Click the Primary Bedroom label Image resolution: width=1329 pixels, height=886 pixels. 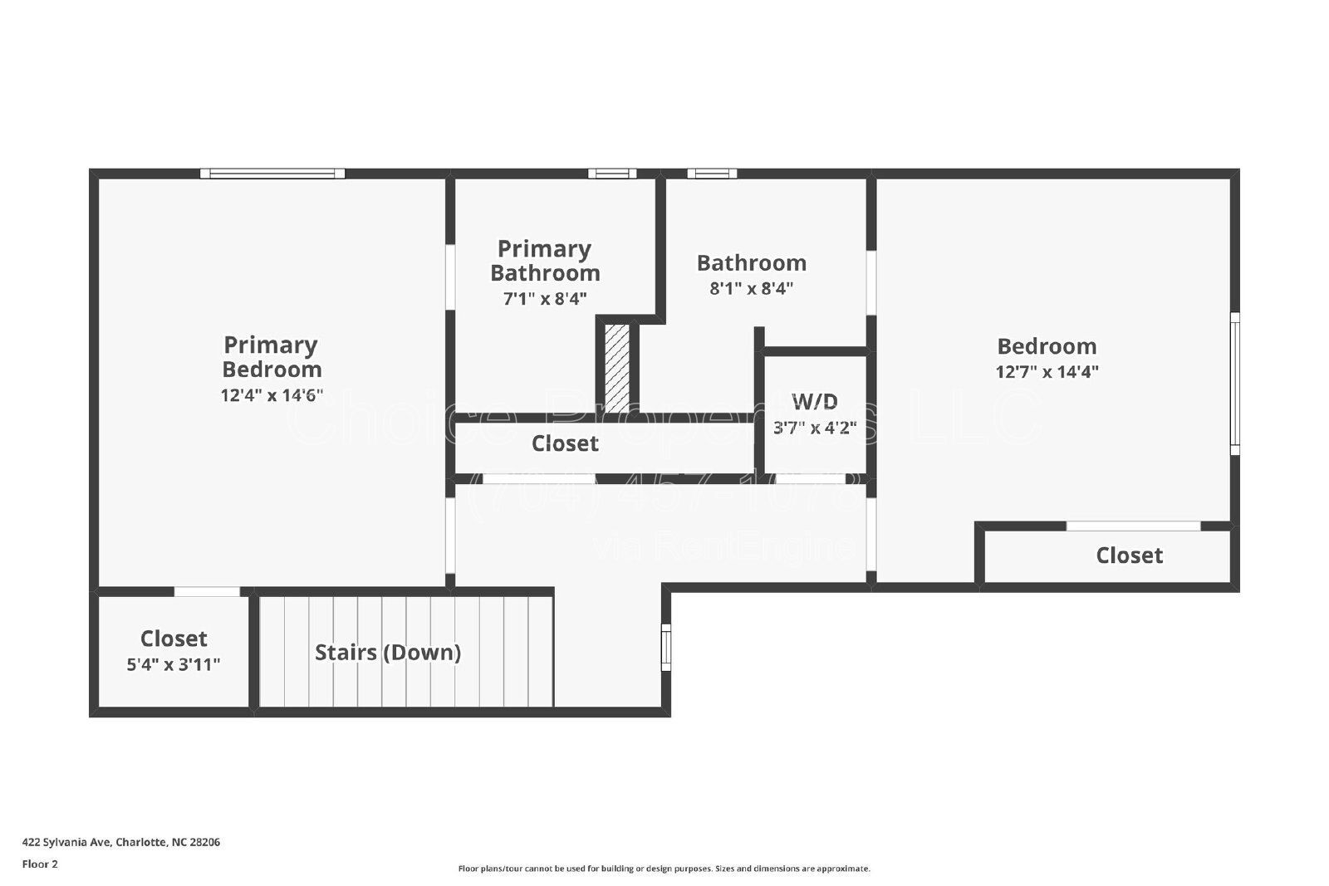pos(272,356)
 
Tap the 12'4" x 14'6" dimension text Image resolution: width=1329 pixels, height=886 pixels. pos(272,395)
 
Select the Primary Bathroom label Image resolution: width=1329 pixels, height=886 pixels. pos(545,261)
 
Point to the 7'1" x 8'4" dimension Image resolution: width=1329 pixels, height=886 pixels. pos(545,299)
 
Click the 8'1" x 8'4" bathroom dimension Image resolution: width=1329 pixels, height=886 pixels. pos(751,289)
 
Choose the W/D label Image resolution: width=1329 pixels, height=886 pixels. pos(815,402)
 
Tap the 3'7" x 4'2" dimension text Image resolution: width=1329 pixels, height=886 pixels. pos(815,428)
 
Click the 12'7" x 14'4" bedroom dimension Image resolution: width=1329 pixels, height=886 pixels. pos(1047,372)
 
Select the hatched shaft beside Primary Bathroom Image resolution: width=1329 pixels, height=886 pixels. pos(616,367)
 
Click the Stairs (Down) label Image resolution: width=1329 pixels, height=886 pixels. pos(388,652)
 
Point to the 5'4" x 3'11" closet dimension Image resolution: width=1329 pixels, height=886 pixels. pos(174,664)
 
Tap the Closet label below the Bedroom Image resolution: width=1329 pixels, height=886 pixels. pos(1129,556)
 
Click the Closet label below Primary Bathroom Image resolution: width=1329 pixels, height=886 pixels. pos(565,443)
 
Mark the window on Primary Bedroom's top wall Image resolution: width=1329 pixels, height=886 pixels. pos(272,174)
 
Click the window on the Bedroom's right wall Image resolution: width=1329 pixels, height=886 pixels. pos(1234,384)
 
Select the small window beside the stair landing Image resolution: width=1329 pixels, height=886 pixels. pos(665,648)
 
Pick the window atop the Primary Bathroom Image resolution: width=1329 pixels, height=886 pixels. pos(612,174)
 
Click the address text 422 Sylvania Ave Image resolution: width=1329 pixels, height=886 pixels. pos(121,842)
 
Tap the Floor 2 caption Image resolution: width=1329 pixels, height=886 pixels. pos(40,864)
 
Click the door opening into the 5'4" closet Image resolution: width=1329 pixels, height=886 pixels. pos(207,592)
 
